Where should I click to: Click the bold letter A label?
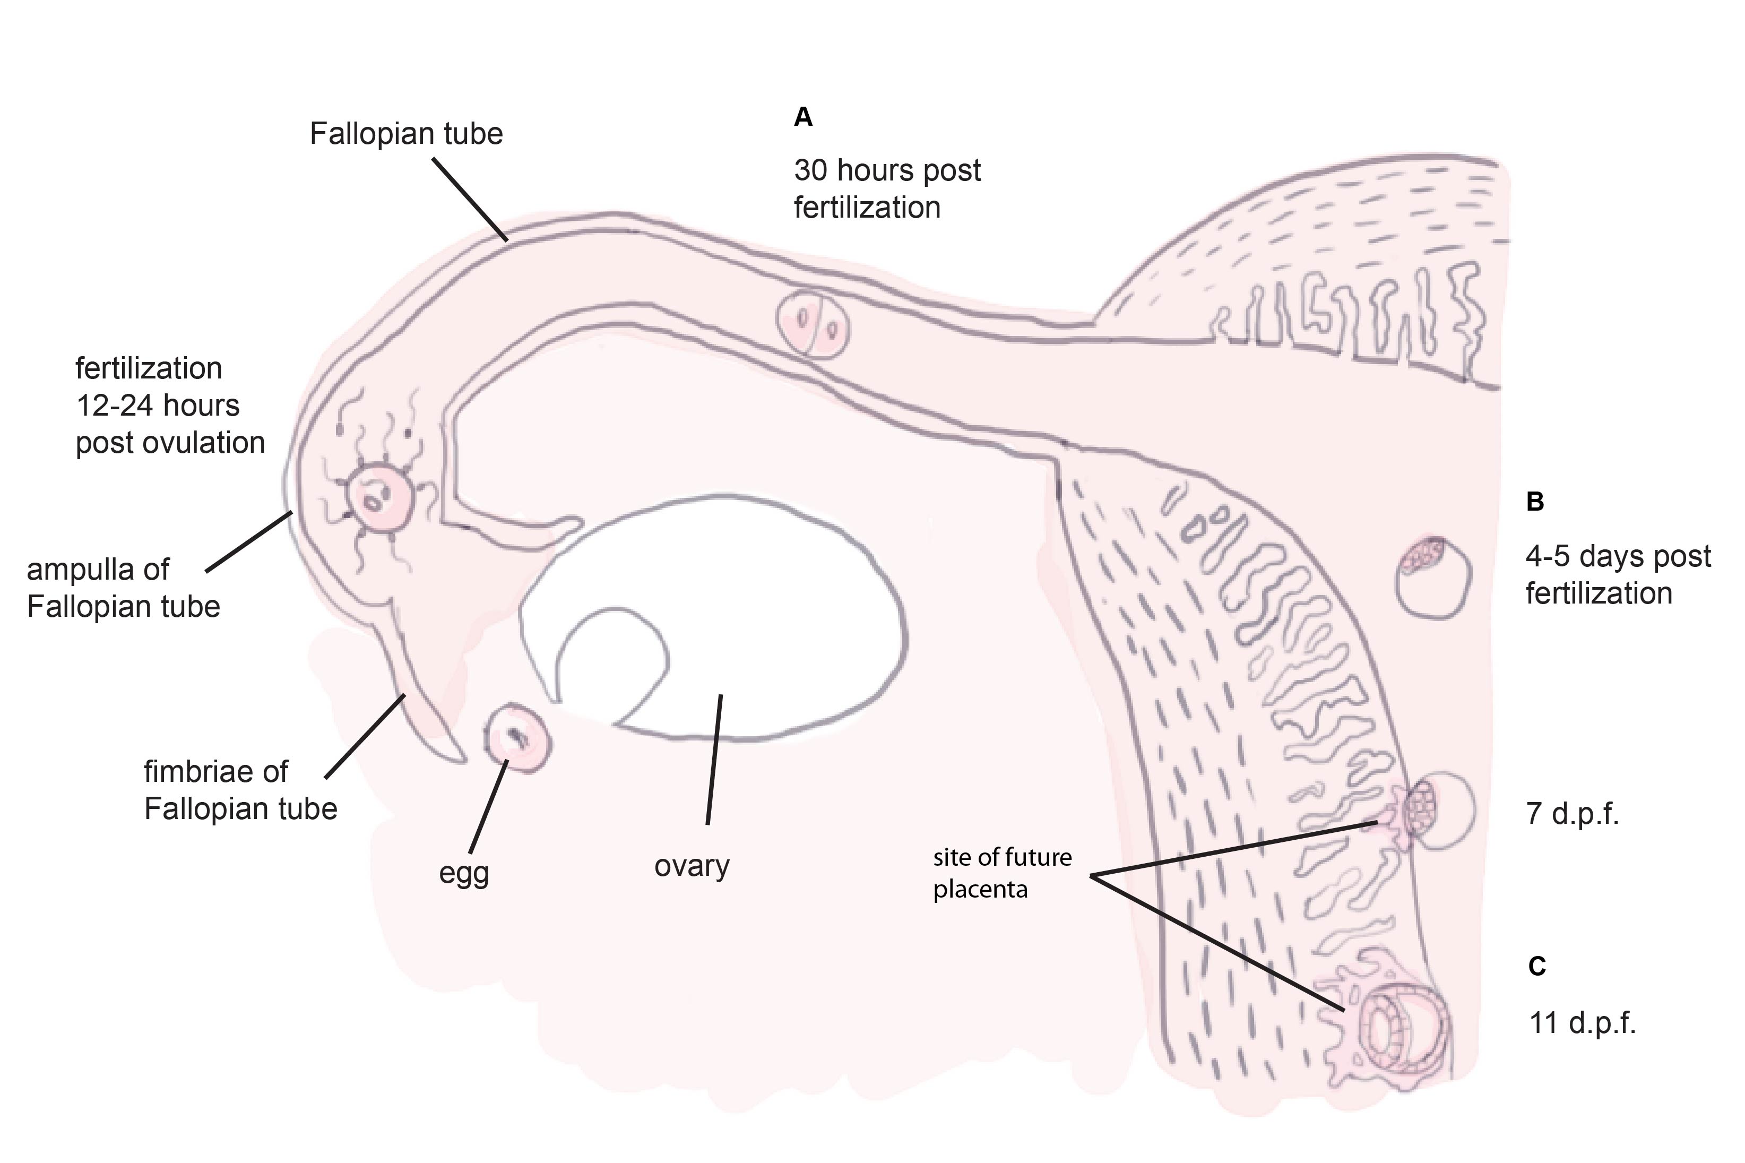point(803,117)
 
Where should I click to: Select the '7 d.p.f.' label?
point(1572,814)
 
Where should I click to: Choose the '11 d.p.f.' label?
point(1582,1023)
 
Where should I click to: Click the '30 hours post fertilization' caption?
point(887,189)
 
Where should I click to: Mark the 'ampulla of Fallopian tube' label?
point(123,588)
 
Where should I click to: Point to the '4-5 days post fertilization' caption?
point(1618,575)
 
